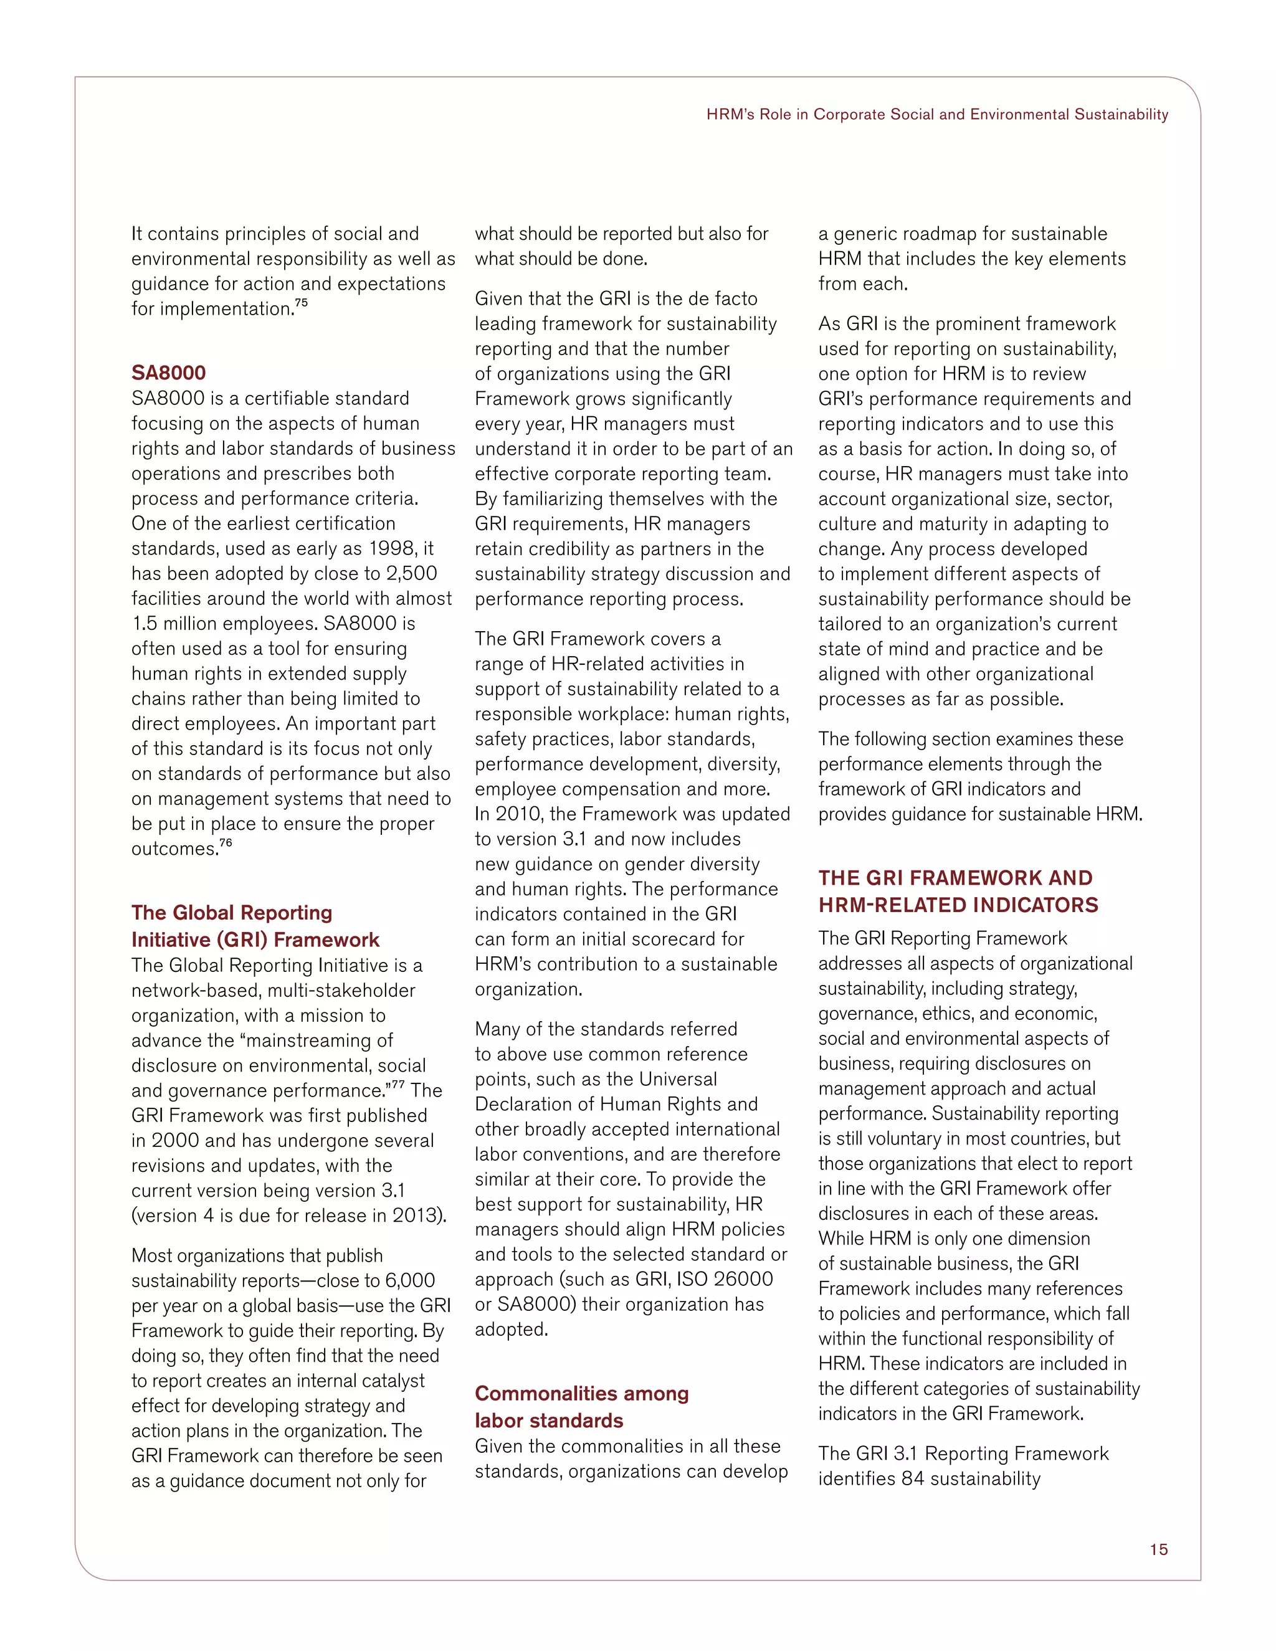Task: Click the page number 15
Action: [x=1158, y=1549]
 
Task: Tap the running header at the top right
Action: [x=936, y=114]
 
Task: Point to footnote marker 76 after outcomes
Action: [x=226, y=843]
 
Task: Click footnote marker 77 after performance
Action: [x=398, y=1085]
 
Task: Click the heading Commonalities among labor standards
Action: [x=581, y=1406]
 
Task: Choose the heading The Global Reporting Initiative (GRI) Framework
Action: [x=255, y=925]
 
